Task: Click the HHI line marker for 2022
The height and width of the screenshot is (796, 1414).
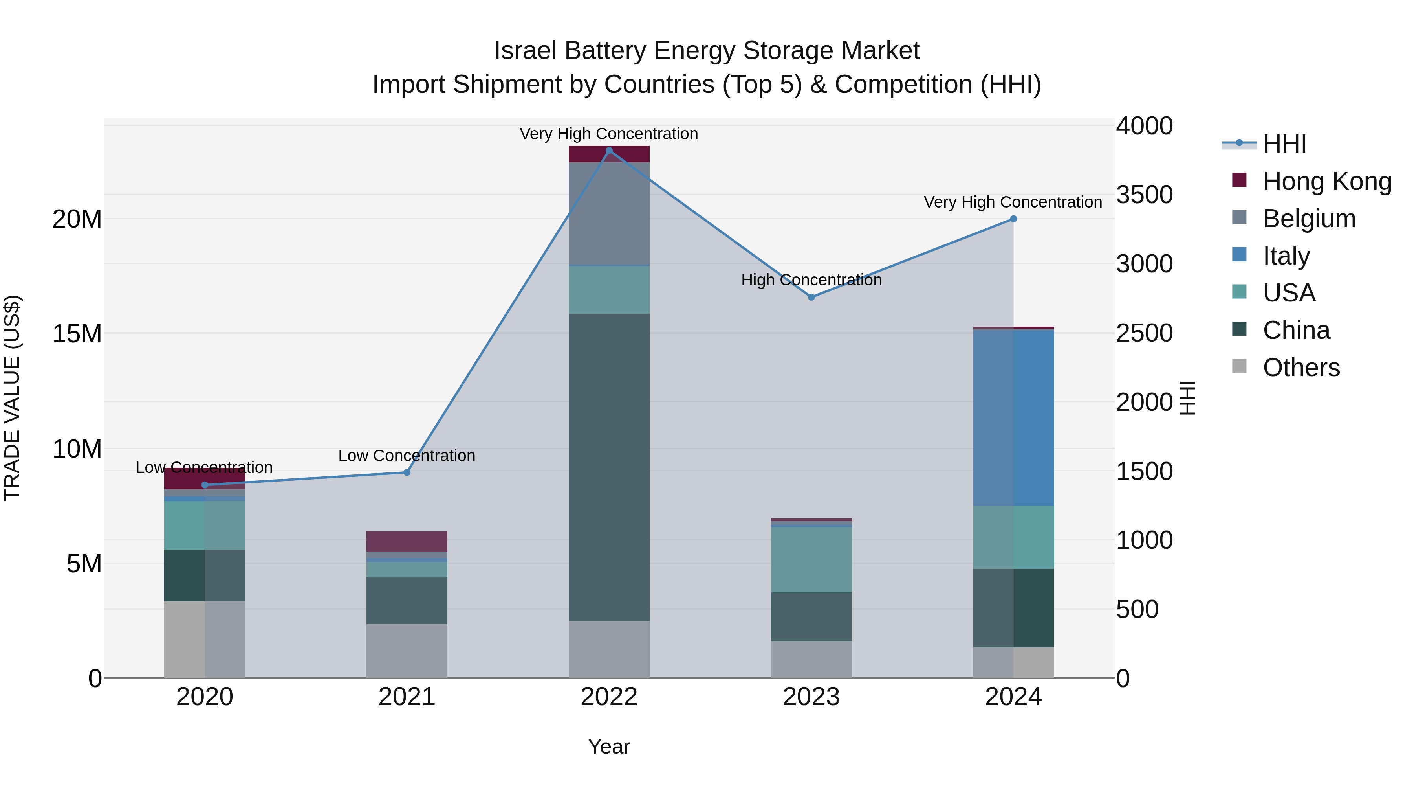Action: [x=609, y=151]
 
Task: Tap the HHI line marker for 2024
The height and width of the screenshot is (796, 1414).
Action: [x=1013, y=219]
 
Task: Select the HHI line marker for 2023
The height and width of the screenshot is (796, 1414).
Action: [x=811, y=297]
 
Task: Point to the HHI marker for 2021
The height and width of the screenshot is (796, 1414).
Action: [x=407, y=472]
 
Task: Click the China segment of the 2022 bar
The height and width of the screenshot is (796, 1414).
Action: [x=609, y=467]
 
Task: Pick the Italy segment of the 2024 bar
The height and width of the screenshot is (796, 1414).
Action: [x=1013, y=417]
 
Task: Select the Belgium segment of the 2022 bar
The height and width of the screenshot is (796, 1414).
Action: [x=609, y=214]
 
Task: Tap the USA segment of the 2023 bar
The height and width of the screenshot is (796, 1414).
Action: [x=811, y=559]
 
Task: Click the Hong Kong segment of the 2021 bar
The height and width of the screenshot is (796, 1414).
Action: [x=407, y=541]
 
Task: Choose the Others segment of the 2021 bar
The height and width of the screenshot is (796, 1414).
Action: [x=407, y=651]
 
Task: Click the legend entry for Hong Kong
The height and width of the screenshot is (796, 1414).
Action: [x=1327, y=181]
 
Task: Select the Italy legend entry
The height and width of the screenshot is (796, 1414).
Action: [x=1286, y=256]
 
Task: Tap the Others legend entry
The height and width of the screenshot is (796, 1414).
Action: [x=1301, y=368]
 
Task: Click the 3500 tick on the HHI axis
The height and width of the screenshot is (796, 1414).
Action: [x=1145, y=195]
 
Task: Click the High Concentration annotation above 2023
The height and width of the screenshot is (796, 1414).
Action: [x=811, y=280]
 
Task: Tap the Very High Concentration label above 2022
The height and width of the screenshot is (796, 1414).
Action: [x=609, y=134]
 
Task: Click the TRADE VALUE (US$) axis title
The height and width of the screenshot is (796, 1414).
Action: [x=12, y=398]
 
